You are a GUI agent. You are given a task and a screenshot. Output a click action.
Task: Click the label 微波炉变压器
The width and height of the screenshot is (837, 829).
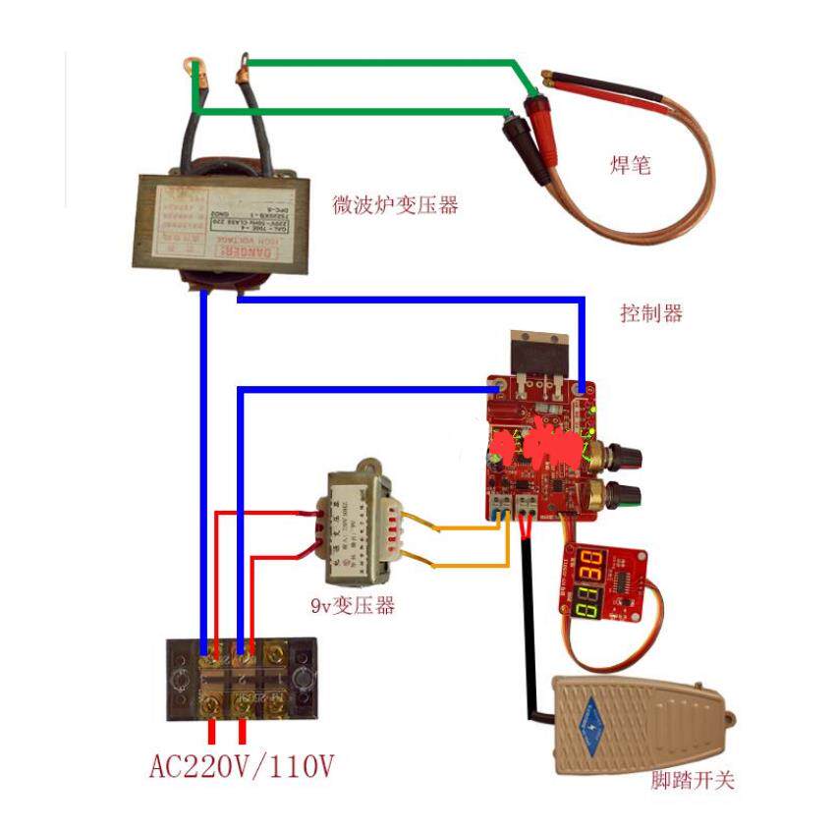click(396, 205)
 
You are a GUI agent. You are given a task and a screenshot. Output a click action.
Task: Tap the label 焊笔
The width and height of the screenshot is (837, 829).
click(630, 166)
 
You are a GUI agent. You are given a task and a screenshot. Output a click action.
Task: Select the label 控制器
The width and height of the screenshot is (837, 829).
click(651, 313)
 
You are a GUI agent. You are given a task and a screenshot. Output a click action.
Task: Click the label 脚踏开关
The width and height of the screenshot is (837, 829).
click(693, 781)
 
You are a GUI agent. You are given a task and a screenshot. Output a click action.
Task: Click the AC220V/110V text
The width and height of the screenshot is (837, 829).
click(242, 765)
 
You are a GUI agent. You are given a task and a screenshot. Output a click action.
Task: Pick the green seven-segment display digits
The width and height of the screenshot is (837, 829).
click(588, 601)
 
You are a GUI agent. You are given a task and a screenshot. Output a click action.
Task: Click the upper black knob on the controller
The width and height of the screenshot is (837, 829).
click(626, 457)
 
